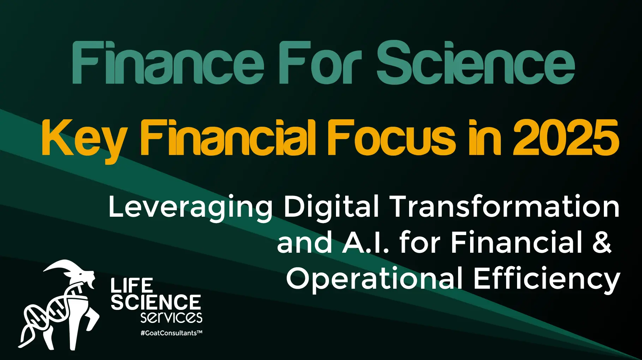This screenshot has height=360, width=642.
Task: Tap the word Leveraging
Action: [x=191, y=208]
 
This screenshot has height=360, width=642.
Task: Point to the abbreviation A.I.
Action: [x=365, y=243]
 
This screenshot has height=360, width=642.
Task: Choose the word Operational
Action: [x=374, y=279]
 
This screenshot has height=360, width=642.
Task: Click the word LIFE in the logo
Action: [x=132, y=285]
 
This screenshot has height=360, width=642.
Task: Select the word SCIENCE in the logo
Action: [x=156, y=302]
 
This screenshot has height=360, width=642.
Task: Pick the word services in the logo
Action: [x=171, y=317]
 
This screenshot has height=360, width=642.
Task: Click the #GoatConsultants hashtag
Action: [x=171, y=333]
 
